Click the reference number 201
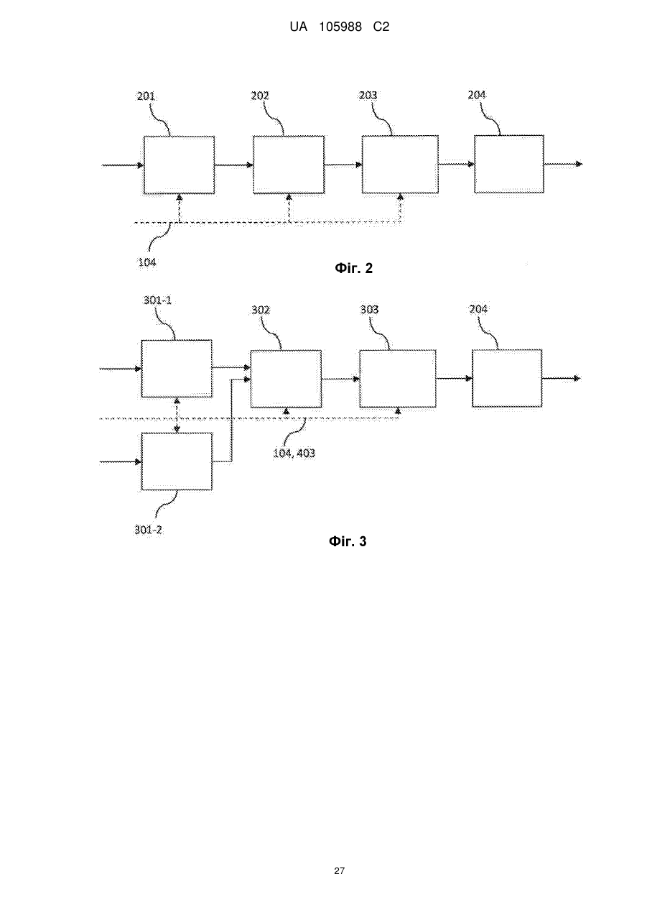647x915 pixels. pyautogui.click(x=146, y=96)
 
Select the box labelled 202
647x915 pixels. pyautogui.click(x=289, y=165)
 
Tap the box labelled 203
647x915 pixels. pyautogui.click(x=400, y=164)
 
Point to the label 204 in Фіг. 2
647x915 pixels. pyautogui.click(x=477, y=95)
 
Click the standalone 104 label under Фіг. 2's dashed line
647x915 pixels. pyautogui.click(x=147, y=262)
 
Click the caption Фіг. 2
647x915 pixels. pyautogui.click(x=353, y=268)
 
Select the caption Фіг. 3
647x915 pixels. pyautogui.click(x=348, y=542)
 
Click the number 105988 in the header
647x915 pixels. pyautogui.click(x=340, y=27)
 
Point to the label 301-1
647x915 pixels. pyautogui.click(x=157, y=300)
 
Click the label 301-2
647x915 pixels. pyautogui.click(x=148, y=530)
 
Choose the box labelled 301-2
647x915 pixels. pyautogui.click(x=177, y=461)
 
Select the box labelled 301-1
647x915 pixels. pyautogui.click(x=177, y=369)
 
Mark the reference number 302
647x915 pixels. pyautogui.click(x=261, y=310)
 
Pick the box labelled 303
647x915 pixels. pyautogui.click(x=398, y=379)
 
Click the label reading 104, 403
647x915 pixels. pyautogui.click(x=294, y=453)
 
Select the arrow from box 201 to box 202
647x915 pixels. pyautogui.click(x=234, y=165)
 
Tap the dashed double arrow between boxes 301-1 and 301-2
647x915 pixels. pyautogui.click(x=177, y=415)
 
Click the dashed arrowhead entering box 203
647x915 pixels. pyautogui.click(x=401, y=197)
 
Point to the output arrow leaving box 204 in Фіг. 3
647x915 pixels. pyautogui.click(x=562, y=378)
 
